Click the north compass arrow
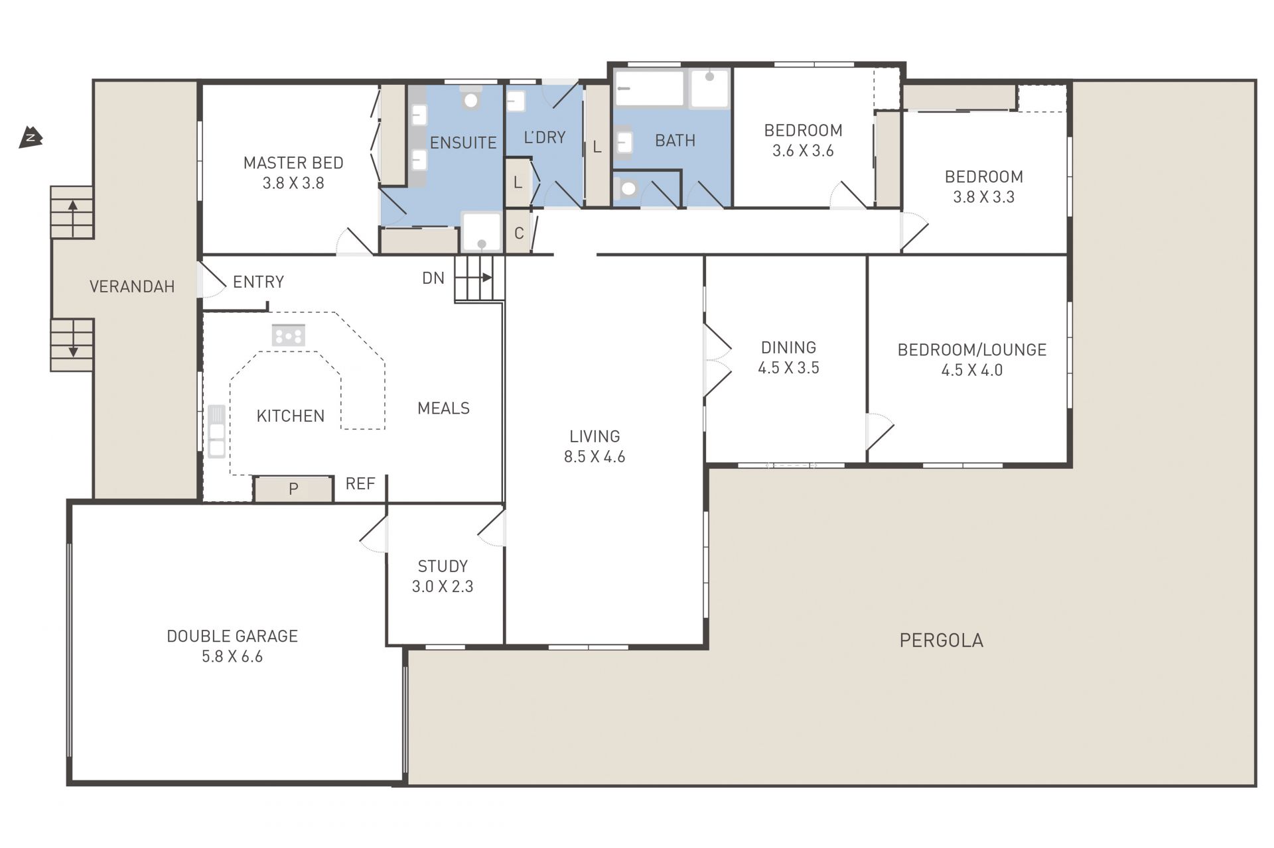[31, 137]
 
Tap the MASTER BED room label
[293, 162]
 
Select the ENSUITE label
[463, 143]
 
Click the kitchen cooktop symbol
[289, 335]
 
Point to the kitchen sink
[216, 432]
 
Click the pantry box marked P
[293, 489]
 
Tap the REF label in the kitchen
[360, 484]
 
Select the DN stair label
[433, 278]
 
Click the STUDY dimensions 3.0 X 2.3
[443, 586]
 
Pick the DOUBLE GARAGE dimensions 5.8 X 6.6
[232, 656]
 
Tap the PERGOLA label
[942, 640]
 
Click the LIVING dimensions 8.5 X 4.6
[595, 456]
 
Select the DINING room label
[788, 347]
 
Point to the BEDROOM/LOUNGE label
[972, 350]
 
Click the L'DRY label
[545, 137]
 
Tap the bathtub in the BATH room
[649, 88]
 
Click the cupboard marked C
[518, 232]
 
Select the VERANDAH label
[132, 286]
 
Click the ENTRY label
[259, 282]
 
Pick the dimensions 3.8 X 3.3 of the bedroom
[984, 197]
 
